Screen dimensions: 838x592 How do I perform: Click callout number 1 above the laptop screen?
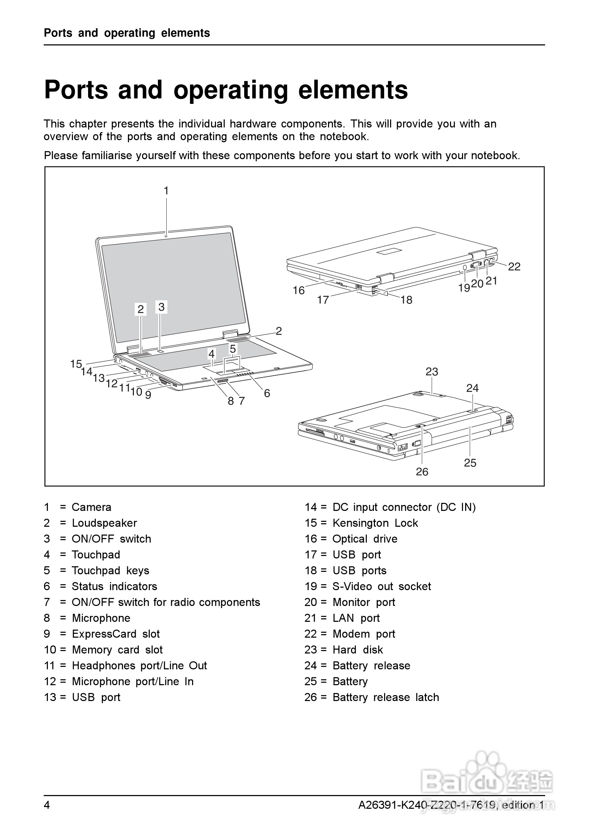(166, 190)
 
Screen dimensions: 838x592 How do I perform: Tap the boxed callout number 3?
(161, 307)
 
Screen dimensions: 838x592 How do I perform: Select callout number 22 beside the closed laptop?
(514, 267)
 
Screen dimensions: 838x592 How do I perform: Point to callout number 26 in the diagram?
(422, 472)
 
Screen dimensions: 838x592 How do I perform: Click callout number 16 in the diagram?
(298, 290)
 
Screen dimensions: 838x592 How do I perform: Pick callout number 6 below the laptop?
(267, 393)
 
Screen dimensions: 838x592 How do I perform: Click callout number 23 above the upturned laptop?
(432, 371)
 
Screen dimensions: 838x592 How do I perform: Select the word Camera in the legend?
(91, 507)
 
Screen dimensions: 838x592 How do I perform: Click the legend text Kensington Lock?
(375, 523)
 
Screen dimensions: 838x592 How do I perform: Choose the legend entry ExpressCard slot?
(116, 634)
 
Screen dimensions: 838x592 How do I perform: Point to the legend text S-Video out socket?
(382, 587)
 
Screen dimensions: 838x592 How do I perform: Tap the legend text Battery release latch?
(386, 698)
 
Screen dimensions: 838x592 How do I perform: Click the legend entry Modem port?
(364, 634)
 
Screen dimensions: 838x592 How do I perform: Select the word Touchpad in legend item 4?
(96, 555)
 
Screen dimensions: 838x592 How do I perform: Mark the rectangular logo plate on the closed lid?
(390, 251)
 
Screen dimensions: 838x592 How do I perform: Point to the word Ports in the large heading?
(76, 90)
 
